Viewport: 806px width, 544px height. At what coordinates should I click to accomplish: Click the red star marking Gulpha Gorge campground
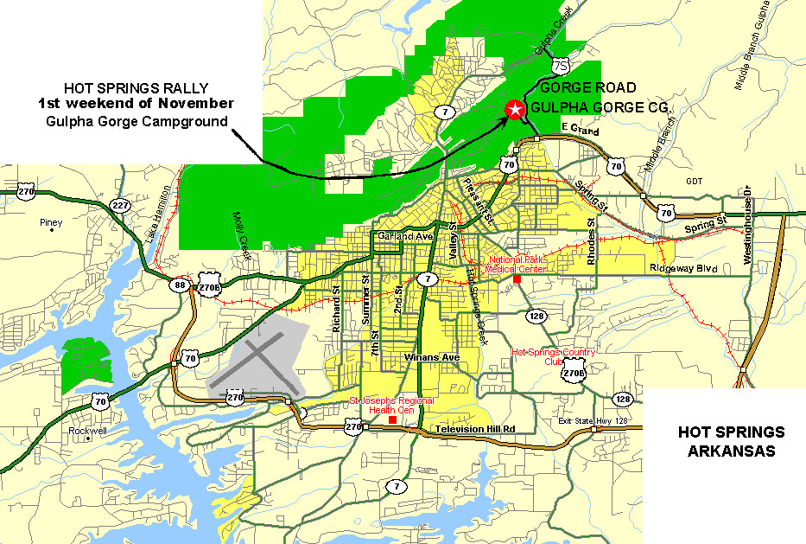point(515,109)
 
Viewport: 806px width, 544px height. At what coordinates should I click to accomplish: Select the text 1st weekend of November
point(136,104)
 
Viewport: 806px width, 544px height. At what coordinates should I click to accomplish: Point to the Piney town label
point(51,222)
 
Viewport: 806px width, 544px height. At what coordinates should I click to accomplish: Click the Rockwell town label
point(89,429)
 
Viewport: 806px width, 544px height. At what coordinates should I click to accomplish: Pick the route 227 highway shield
point(120,205)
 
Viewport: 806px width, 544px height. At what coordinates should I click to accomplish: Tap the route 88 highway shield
point(180,285)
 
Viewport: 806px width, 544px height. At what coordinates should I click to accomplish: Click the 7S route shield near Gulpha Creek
point(562,66)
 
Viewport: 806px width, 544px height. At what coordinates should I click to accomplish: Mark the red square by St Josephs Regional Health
point(393,420)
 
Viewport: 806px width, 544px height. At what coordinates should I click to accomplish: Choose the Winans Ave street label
point(429,357)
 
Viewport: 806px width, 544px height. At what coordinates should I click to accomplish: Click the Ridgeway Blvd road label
point(683,269)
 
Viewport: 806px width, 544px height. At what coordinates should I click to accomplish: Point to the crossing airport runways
point(257,362)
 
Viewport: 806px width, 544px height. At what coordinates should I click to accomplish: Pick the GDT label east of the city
point(695,181)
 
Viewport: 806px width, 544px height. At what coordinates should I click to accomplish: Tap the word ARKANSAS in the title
point(731,451)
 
